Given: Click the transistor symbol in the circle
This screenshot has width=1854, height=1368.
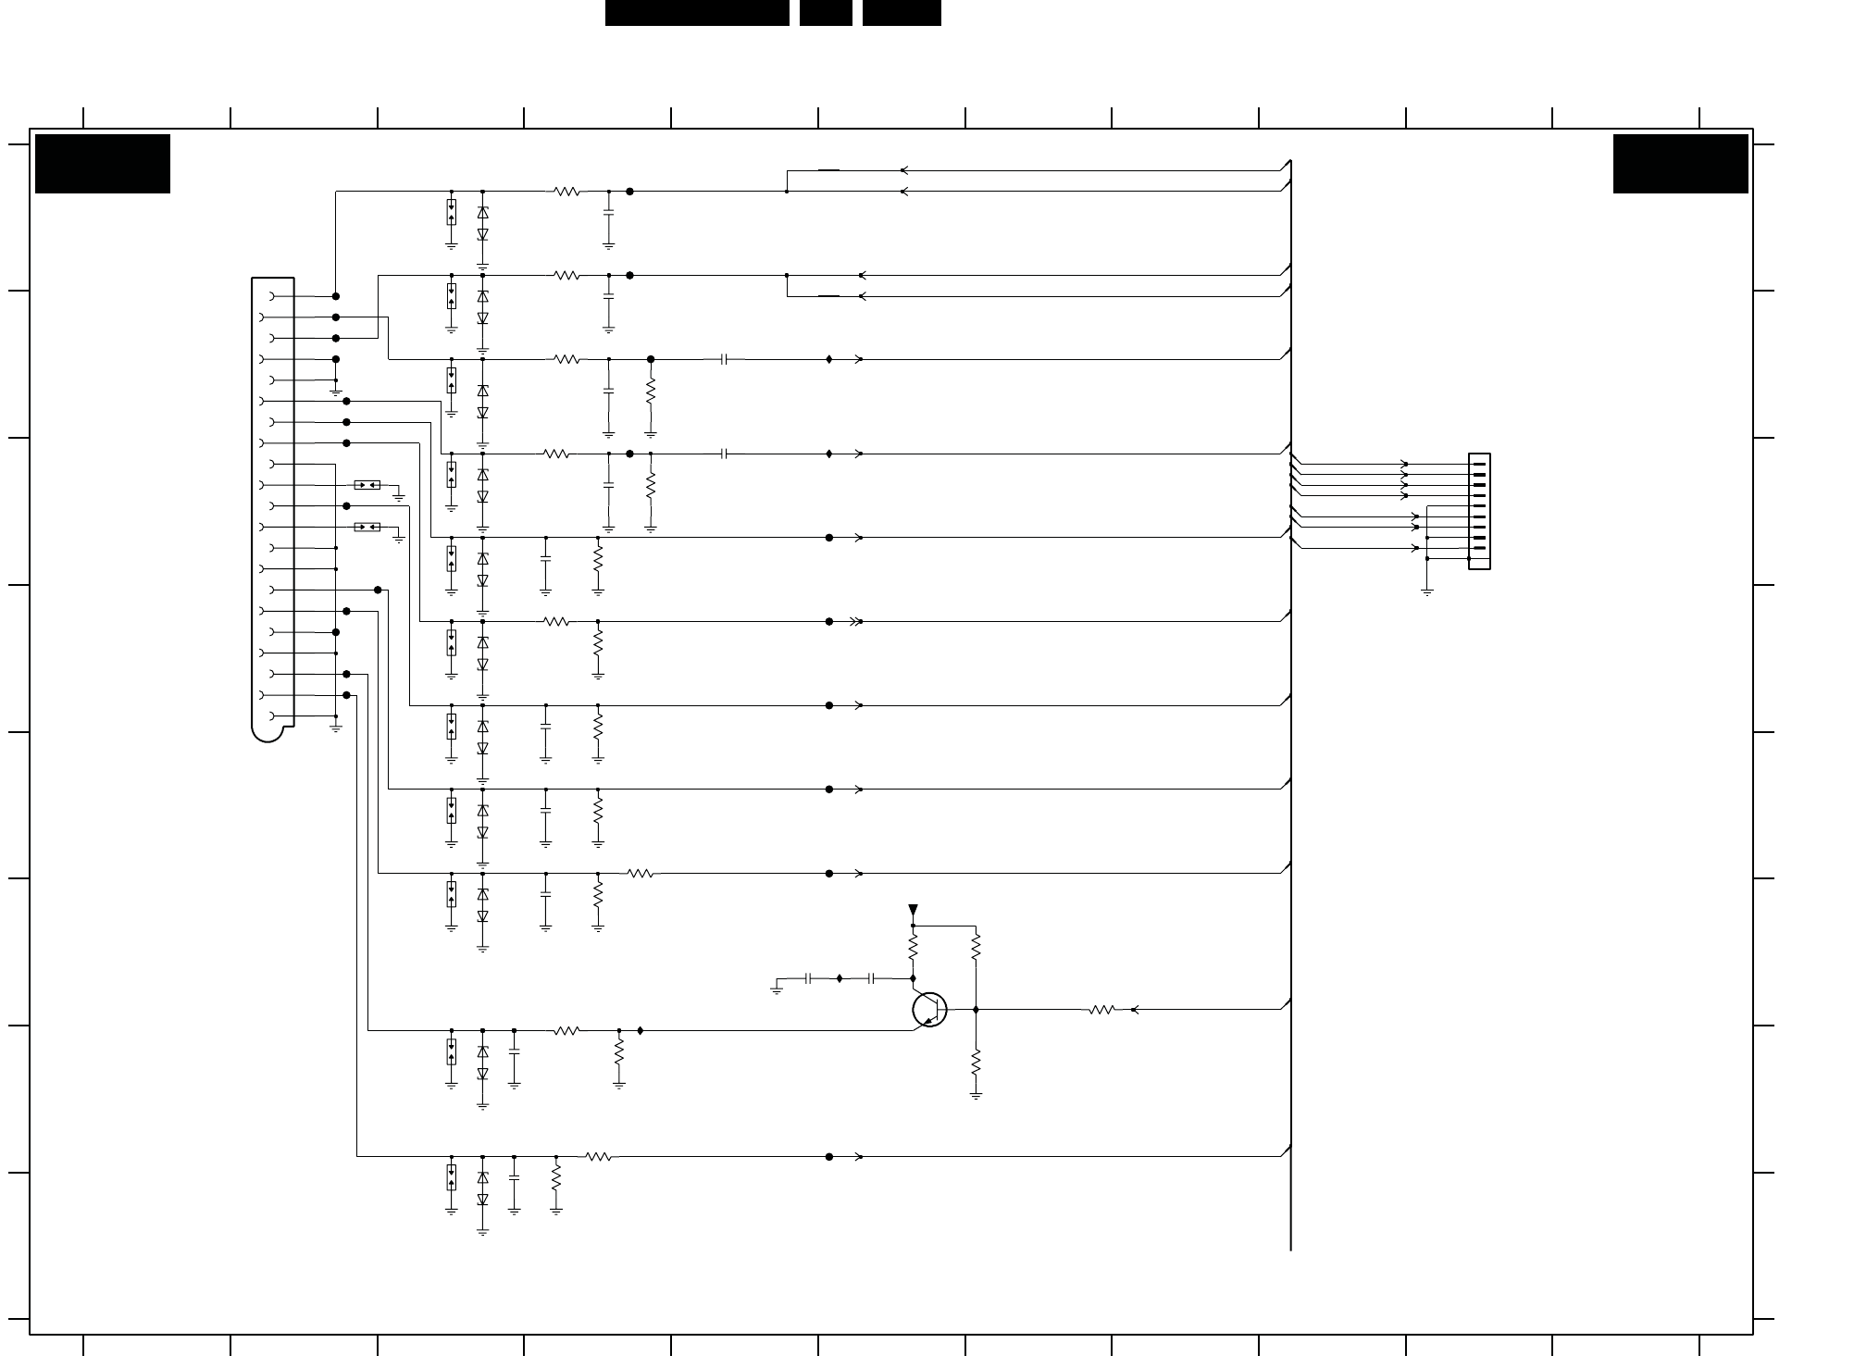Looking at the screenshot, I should click(x=929, y=1009).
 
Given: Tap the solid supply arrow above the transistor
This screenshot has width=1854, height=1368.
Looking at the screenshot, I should click(x=913, y=911).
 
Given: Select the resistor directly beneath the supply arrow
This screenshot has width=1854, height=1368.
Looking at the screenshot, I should click(x=913, y=947).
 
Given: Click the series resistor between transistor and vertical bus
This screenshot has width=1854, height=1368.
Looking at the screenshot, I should click(x=1101, y=1010).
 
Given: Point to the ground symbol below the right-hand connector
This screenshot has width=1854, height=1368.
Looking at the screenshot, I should click(x=1427, y=591).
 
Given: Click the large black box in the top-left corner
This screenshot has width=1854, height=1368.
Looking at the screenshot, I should click(x=103, y=164).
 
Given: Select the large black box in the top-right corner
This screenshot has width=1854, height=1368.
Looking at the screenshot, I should click(x=1680, y=164).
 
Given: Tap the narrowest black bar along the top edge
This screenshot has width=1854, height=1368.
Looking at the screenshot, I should click(x=826, y=13).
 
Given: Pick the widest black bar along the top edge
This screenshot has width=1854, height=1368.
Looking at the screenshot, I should click(x=697, y=13).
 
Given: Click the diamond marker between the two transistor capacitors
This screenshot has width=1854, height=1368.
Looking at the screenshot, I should click(x=840, y=977).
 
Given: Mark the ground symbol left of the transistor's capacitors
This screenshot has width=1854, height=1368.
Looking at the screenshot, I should click(x=777, y=989).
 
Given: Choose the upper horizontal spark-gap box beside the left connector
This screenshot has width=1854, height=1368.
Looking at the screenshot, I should click(x=367, y=485).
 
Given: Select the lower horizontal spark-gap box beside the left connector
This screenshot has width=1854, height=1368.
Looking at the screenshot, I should click(x=367, y=528).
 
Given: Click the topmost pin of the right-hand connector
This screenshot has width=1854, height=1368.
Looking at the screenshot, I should click(x=1479, y=464).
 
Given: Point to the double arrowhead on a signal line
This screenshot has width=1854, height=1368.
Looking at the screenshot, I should click(x=855, y=622).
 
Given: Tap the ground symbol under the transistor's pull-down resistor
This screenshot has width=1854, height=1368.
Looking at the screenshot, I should click(x=976, y=1095).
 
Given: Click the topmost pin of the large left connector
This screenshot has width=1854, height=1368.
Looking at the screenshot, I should click(x=272, y=296).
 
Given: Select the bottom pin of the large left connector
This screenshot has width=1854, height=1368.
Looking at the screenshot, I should click(x=272, y=716).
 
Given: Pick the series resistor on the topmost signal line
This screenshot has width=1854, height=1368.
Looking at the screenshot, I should click(x=566, y=192).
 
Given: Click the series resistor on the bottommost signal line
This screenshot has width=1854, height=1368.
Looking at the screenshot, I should click(x=598, y=1156).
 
